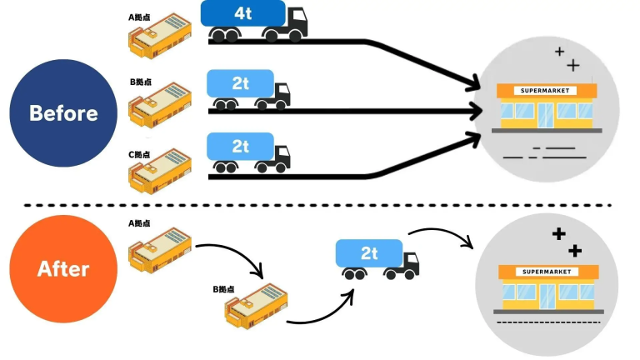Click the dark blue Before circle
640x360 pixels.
63,112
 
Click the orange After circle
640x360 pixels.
63,269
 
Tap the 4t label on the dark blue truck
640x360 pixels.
242,13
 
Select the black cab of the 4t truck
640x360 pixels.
295,21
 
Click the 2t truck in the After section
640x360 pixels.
376,258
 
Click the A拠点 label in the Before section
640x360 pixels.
139,17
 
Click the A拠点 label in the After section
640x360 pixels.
139,223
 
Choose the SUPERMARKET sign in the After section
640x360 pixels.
546,272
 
